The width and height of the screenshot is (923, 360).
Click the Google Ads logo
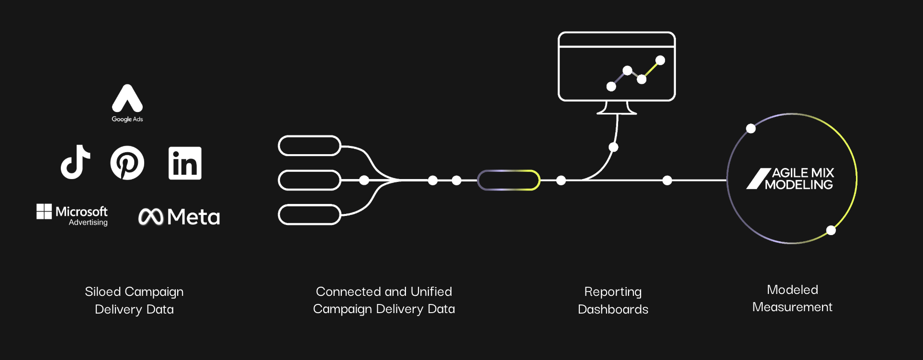click(x=127, y=102)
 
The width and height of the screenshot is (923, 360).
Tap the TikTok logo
click(x=76, y=162)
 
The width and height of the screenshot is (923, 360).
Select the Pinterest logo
click(x=127, y=163)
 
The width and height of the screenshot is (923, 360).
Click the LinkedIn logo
click(x=185, y=163)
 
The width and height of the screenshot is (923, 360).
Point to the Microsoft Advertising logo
click(x=72, y=214)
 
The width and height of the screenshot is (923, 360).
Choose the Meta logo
click(x=179, y=217)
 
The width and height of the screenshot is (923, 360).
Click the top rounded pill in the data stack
click(x=309, y=146)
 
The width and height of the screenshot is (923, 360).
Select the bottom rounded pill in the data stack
click(x=309, y=214)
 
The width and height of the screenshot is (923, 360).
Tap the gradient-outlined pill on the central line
click(x=508, y=180)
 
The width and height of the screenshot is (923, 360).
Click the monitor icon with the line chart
click(x=617, y=72)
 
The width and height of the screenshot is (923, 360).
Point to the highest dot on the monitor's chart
click(x=660, y=60)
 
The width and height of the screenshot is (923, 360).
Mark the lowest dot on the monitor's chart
click(x=611, y=86)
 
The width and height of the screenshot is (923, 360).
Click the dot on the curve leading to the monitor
click(x=613, y=147)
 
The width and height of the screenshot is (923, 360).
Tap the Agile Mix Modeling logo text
click(x=799, y=179)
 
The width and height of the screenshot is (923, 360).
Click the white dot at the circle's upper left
click(x=751, y=128)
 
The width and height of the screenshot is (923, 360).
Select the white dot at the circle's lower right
click(x=831, y=230)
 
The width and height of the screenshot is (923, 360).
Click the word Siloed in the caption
click(x=102, y=292)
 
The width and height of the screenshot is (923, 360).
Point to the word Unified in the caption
click(x=431, y=291)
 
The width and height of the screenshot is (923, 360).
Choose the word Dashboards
click(x=613, y=309)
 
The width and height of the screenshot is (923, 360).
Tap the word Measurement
click(x=792, y=307)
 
